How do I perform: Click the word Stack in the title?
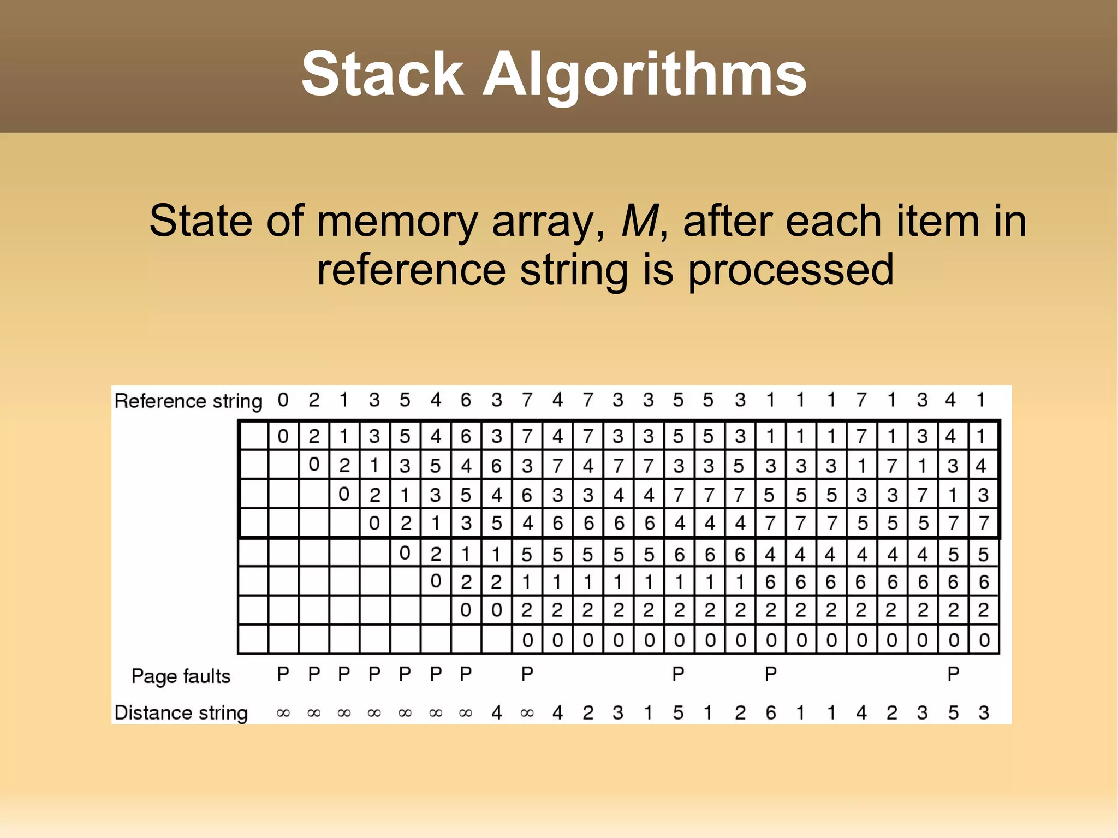click(382, 74)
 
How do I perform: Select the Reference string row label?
click(188, 401)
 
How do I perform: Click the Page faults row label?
click(181, 676)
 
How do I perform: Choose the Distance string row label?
click(181, 713)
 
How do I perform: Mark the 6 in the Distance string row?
click(770, 712)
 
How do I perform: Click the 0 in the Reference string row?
click(283, 400)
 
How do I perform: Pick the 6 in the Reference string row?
click(466, 400)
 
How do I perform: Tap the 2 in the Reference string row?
click(314, 400)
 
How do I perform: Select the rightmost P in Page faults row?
click(953, 675)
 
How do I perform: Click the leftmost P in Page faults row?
click(283, 675)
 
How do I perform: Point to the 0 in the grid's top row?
click(283, 436)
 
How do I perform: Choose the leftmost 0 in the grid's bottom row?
click(527, 640)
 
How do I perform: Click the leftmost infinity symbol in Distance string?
click(283, 713)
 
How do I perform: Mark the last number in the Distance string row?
click(984, 712)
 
